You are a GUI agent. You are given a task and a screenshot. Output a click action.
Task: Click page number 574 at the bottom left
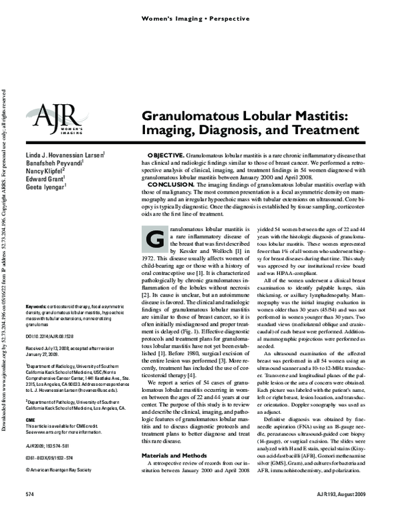pos(29,511)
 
